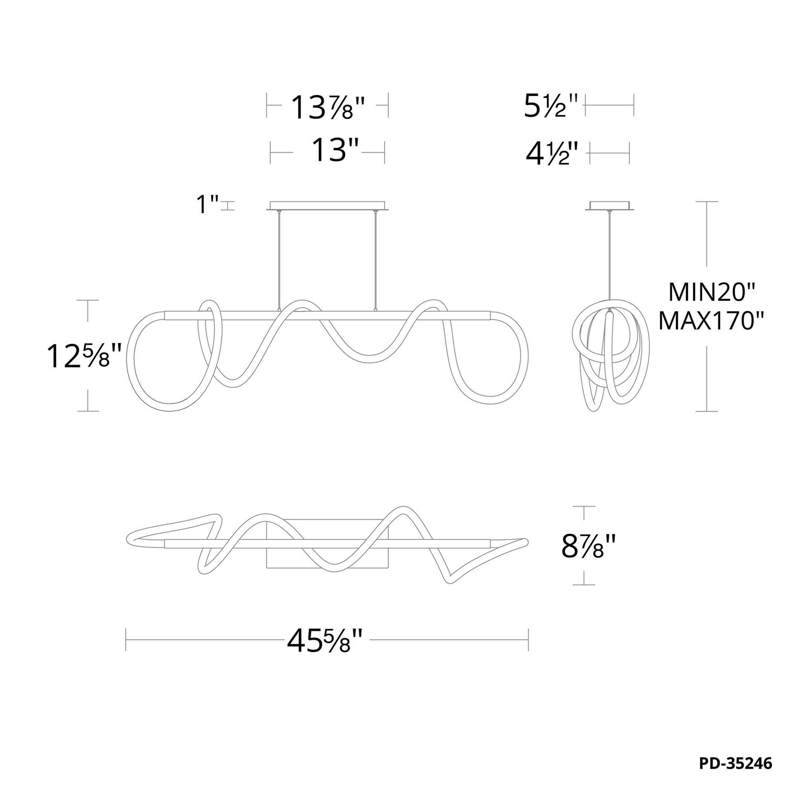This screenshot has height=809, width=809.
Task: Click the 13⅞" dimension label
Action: (328, 107)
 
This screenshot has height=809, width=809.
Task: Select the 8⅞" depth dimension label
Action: (589, 546)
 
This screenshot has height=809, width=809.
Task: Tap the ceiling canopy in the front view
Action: (327, 205)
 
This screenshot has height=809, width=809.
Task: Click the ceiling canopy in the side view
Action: (609, 205)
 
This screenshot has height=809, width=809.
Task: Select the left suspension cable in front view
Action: (279, 260)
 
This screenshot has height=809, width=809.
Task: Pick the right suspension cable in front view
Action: (374, 260)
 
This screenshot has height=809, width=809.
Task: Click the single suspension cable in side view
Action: (610, 259)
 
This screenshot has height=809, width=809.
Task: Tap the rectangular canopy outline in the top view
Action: (327, 544)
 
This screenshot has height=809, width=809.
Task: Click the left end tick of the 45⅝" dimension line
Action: (126, 641)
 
